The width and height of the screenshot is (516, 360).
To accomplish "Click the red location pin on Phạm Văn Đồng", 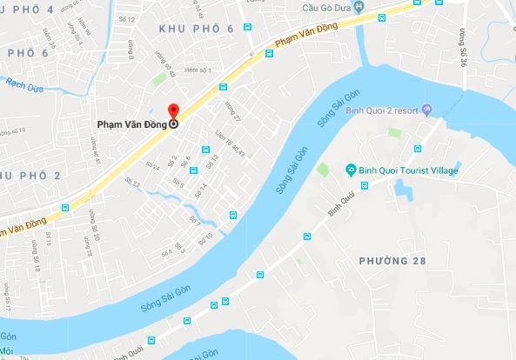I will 172,111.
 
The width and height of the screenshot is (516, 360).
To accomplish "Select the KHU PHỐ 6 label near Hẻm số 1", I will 197,29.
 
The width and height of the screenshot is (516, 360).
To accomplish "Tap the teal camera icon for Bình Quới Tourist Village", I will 350,169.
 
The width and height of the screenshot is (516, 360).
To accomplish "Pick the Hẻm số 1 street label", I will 200,70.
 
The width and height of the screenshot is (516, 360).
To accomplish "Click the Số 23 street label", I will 132,183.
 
